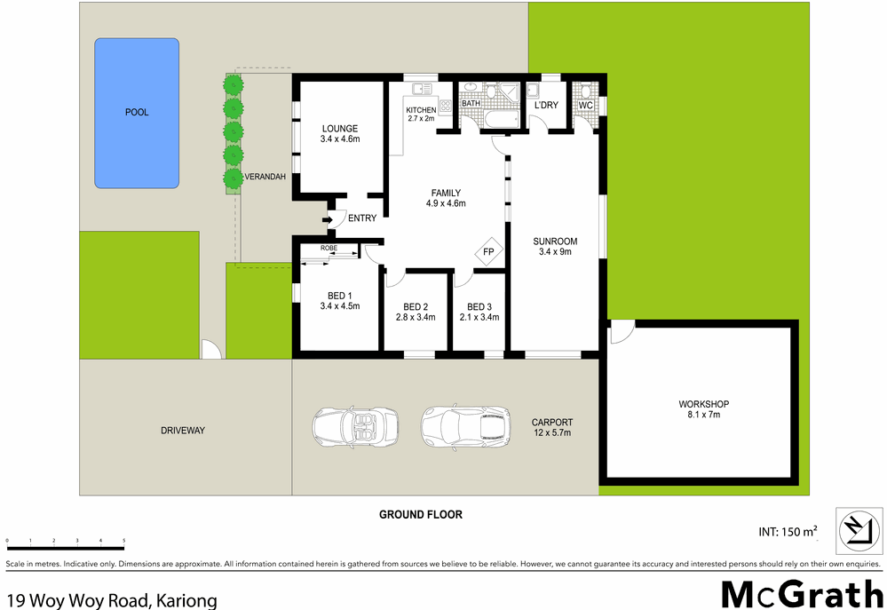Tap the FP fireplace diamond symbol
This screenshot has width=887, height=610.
pos(488,252)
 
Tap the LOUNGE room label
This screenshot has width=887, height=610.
pos(340,133)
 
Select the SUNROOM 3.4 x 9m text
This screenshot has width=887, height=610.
pos(555,246)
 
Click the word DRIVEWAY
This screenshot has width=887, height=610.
pos(183,431)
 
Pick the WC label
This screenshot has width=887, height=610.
pos(585,106)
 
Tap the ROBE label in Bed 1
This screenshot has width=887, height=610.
pos(329,248)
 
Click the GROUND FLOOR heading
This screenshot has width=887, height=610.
pos(420,514)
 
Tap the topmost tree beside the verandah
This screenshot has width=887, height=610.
pos(233,85)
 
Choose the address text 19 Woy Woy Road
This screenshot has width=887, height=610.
pos(110,600)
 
